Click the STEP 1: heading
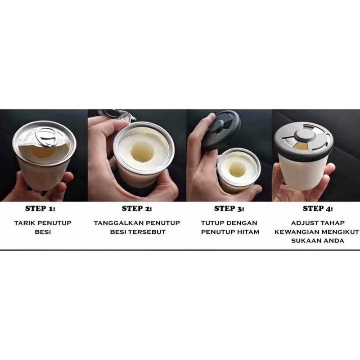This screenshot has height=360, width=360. click(x=40, y=208)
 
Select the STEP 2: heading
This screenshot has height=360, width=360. click(x=137, y=208)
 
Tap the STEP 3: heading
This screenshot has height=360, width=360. click(x=229, y=208)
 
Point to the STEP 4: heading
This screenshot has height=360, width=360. click(x=318, y=208)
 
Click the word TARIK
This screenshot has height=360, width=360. click(x=24, y=223)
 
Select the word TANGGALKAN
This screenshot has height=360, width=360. click(x=119, y=223)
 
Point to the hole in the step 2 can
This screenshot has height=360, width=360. click(x=142, y=152)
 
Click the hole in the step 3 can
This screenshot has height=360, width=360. click(x=237, y=170)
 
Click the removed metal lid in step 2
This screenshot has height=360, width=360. click(x=117, y=115)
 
